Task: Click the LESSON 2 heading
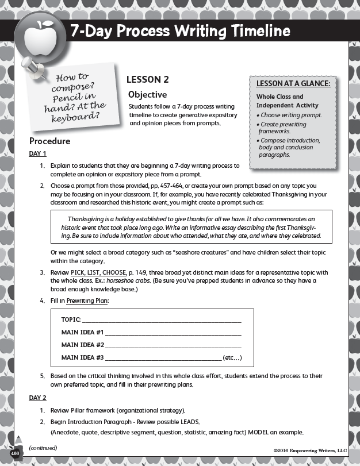[147, 80]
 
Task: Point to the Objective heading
[147, 94]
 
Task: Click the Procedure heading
[49, 141]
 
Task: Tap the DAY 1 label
[37, 153]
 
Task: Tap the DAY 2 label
[37, 397]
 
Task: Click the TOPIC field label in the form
[70, 319]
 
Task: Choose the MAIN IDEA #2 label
[82, 345]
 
